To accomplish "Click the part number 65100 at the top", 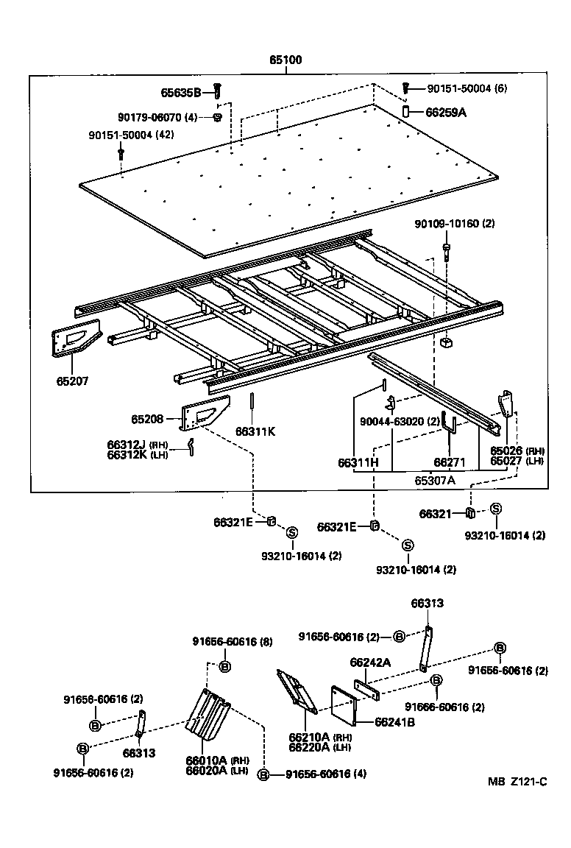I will click(x=287, y=61).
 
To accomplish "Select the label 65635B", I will click(x=180, y=93).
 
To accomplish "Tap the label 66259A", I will click(x=446, y=113).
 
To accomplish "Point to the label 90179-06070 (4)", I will click(x=157, y=116).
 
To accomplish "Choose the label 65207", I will click(x=71, y=382).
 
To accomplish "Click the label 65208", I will click(x=147, y=419).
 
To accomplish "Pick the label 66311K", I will click(x=255, y=431).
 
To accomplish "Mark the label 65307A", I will click(x=434, y=480).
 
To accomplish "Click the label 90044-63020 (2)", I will click(x=400, y=421).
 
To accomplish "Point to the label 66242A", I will click(x=370, y=662).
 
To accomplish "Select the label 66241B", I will click(x=394, y=722).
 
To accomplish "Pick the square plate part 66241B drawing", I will click(x=343, y=704).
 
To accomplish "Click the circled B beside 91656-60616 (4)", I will click(x=264, y=774).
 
